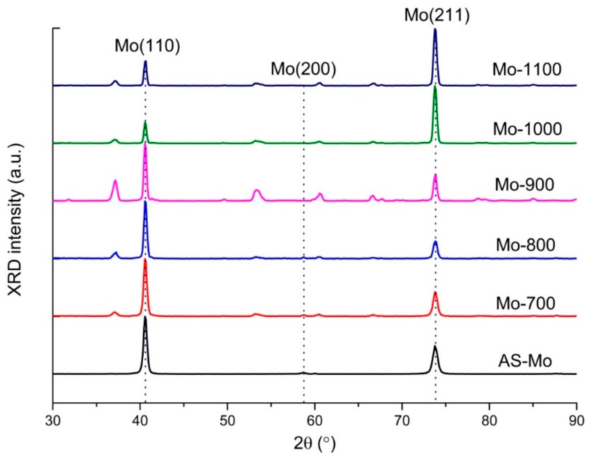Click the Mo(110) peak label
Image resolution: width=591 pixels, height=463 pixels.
click(x=147, y=46)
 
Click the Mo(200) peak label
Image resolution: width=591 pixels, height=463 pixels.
click(x=304, y=69)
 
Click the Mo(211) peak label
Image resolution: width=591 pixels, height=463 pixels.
click(x=437, y=15)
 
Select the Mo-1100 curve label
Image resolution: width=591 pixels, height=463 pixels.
click(x=527, y=69)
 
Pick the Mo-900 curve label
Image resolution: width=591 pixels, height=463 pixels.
click(x=524, y=185)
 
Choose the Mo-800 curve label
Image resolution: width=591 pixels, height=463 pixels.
click(x=525, y=245)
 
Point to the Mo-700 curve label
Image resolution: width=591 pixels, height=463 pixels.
click(x=525, y=303)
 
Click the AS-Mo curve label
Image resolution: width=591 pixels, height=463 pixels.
click(x=525, y=361)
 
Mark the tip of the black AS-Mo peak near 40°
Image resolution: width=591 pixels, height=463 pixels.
click(x=145, y=317)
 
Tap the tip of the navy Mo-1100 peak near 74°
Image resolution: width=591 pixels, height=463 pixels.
click(x=435, y=29)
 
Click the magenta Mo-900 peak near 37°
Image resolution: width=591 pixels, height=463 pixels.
click(x=115, y=180)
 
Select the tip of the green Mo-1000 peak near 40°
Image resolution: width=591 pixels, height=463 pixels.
click(x=145, y=122)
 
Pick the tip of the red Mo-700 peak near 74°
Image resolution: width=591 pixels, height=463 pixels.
click(x=435, y=292)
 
